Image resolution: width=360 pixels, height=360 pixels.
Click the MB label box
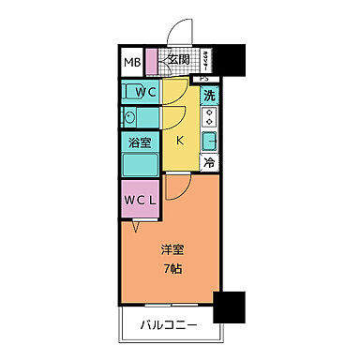131,65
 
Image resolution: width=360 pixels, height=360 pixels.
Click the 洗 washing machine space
210,94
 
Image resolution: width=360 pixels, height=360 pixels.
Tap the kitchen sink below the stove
211,142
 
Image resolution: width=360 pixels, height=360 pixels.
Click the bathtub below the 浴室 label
140,166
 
